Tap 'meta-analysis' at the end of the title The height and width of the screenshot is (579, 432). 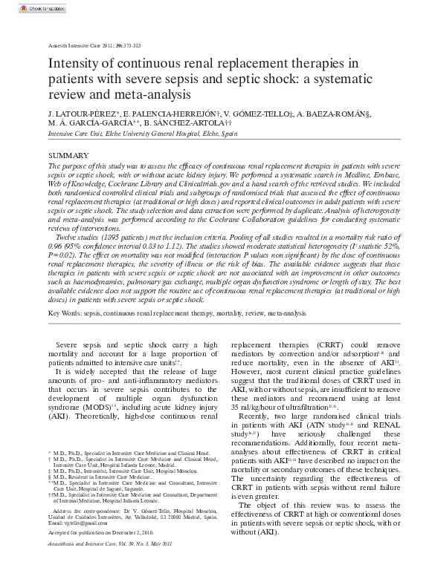tap(139, 94)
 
